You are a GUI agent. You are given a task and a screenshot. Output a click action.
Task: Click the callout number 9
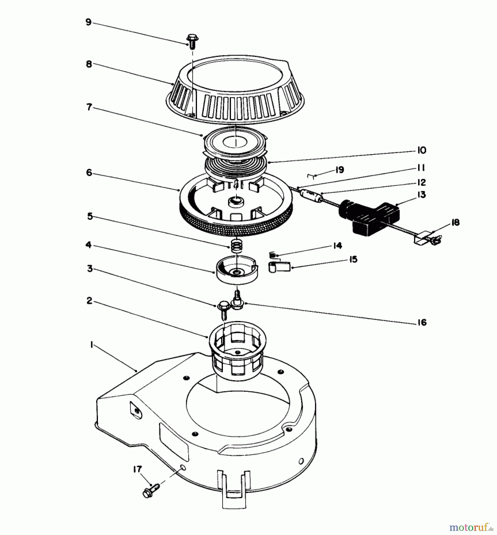[88, 22]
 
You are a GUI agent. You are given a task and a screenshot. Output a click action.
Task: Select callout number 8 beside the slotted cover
[89, 64]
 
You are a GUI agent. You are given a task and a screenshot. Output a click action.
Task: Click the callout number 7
[89, 107]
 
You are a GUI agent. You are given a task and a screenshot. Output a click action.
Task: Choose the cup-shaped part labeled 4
[237, 271]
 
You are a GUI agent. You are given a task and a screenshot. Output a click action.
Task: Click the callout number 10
[421, 150]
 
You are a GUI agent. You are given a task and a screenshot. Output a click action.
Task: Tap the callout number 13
[421, 195]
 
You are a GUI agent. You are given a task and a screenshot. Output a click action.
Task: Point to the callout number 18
[455, 222]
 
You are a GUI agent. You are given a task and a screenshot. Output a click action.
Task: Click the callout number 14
[337, 246]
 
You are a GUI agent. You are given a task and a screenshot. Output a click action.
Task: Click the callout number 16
[422, 322]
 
